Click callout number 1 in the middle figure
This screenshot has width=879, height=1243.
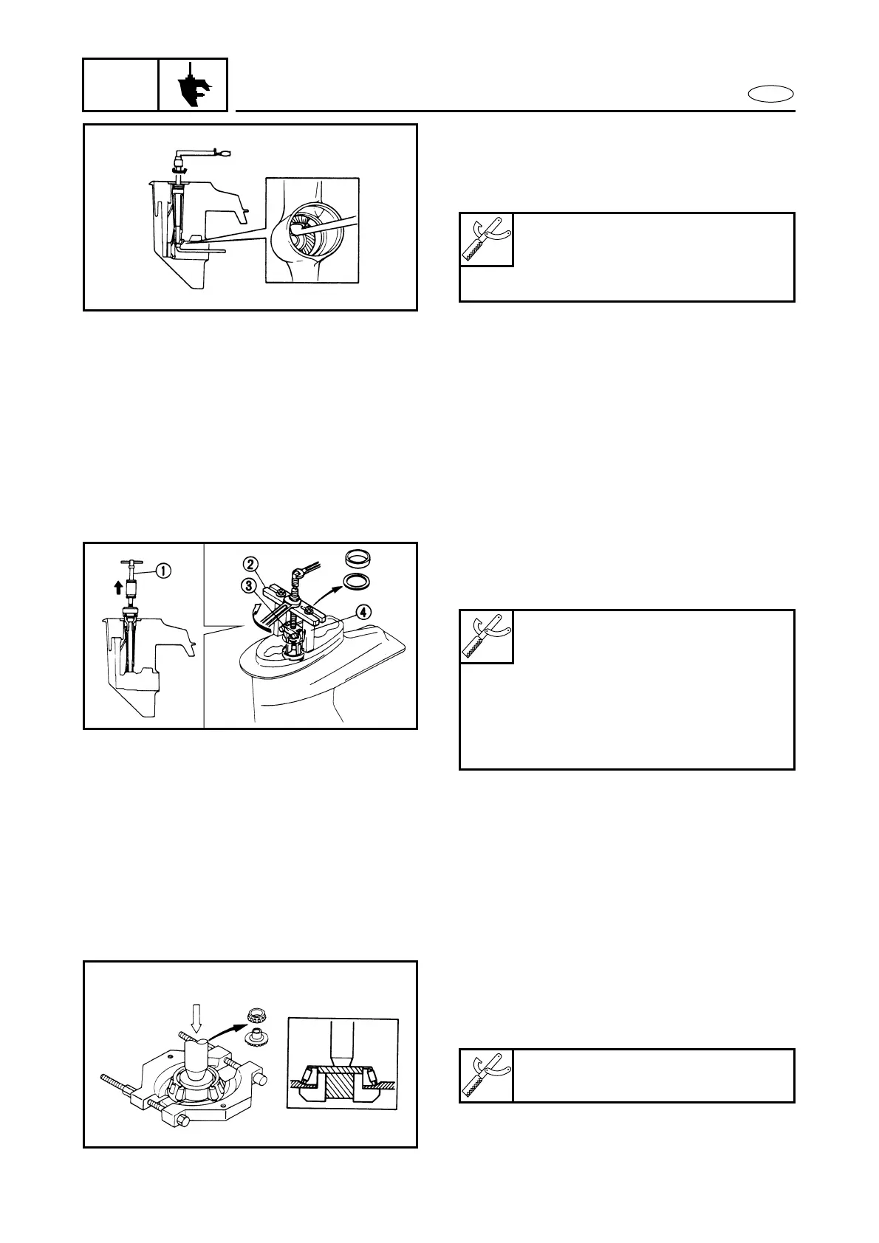click(163, 570)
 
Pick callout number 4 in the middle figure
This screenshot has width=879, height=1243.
click(363, 611)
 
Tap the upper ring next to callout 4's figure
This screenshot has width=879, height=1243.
click(359, 556)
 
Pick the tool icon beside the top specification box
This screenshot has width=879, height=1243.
click(487, 240)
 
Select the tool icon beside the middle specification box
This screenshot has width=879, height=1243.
click(487, 636)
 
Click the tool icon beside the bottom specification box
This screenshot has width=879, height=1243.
click(487, 1075)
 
